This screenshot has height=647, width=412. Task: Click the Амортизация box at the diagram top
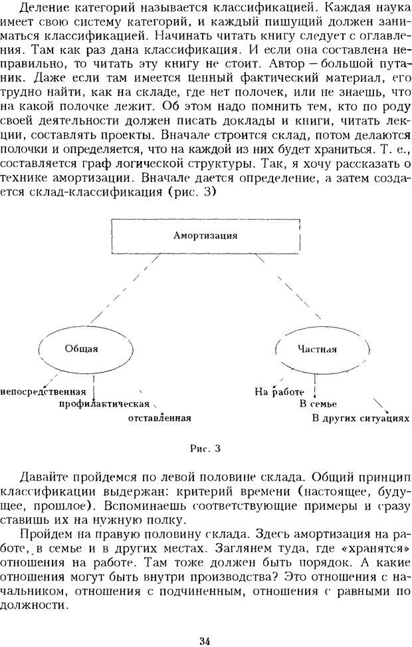205,236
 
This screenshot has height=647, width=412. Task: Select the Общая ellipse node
82,349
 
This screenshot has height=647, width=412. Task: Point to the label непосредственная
45,391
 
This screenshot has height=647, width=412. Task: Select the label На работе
279,391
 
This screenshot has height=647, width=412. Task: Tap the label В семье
318,404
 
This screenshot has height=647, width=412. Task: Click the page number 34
205,622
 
